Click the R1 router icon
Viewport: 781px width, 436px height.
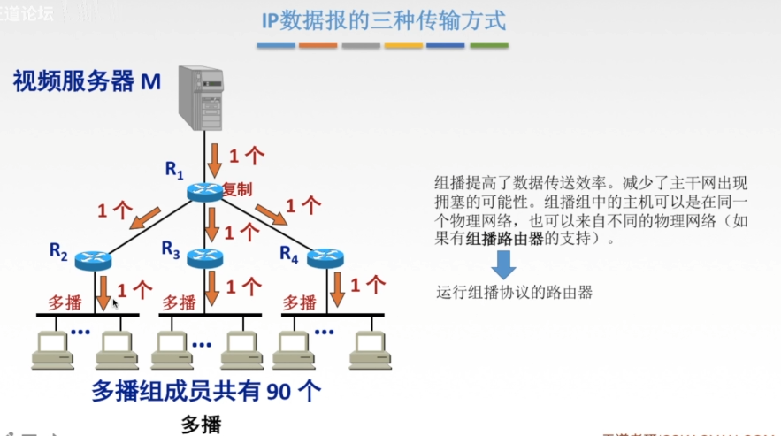pos(204,190)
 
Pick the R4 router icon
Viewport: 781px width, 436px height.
pos(324,258)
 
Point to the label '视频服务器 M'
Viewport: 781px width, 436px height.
pos(87,82)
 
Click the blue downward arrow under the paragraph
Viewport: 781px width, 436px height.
pos(502,264)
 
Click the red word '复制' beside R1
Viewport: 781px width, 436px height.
pos(237,189)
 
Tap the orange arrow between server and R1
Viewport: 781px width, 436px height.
pos(214,159)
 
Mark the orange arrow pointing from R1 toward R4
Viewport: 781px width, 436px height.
pos(270,213)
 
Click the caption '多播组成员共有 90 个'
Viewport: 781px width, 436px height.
pos(206,391)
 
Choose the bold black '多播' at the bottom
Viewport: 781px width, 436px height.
pos(200,424)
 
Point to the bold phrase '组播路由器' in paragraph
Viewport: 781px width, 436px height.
pos(505,238)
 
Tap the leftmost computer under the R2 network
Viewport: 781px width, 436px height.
pos(52,350)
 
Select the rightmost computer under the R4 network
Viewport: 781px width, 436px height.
pos(370,350)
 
